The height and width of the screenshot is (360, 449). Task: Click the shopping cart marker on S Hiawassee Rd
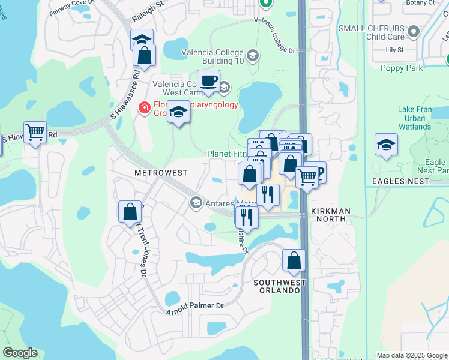35,132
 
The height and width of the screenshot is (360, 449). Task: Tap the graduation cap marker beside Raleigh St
142,40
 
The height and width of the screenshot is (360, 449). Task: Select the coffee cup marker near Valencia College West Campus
208,80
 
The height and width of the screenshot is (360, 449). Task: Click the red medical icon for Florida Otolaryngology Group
143,108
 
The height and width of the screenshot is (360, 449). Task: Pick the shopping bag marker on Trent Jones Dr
130,212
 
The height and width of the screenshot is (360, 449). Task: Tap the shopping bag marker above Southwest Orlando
294,260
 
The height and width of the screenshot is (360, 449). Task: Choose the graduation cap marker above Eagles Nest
386,145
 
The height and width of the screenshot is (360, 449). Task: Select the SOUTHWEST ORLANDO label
276,286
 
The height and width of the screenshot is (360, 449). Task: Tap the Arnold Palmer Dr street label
195,307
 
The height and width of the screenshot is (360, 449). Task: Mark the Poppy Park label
402,68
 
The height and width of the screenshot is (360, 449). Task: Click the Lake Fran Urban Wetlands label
420,119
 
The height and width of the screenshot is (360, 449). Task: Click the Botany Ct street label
420,3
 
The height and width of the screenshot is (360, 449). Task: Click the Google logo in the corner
20,353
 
